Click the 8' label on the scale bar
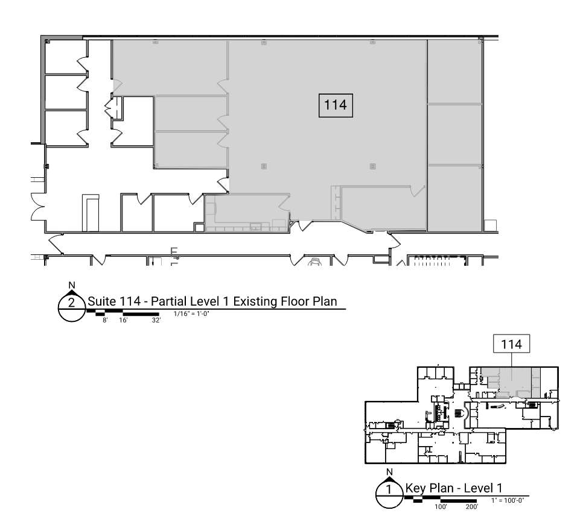tap(106, 321)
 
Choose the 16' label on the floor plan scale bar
tap(123, 321)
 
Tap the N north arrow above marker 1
tap(389, 472)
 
